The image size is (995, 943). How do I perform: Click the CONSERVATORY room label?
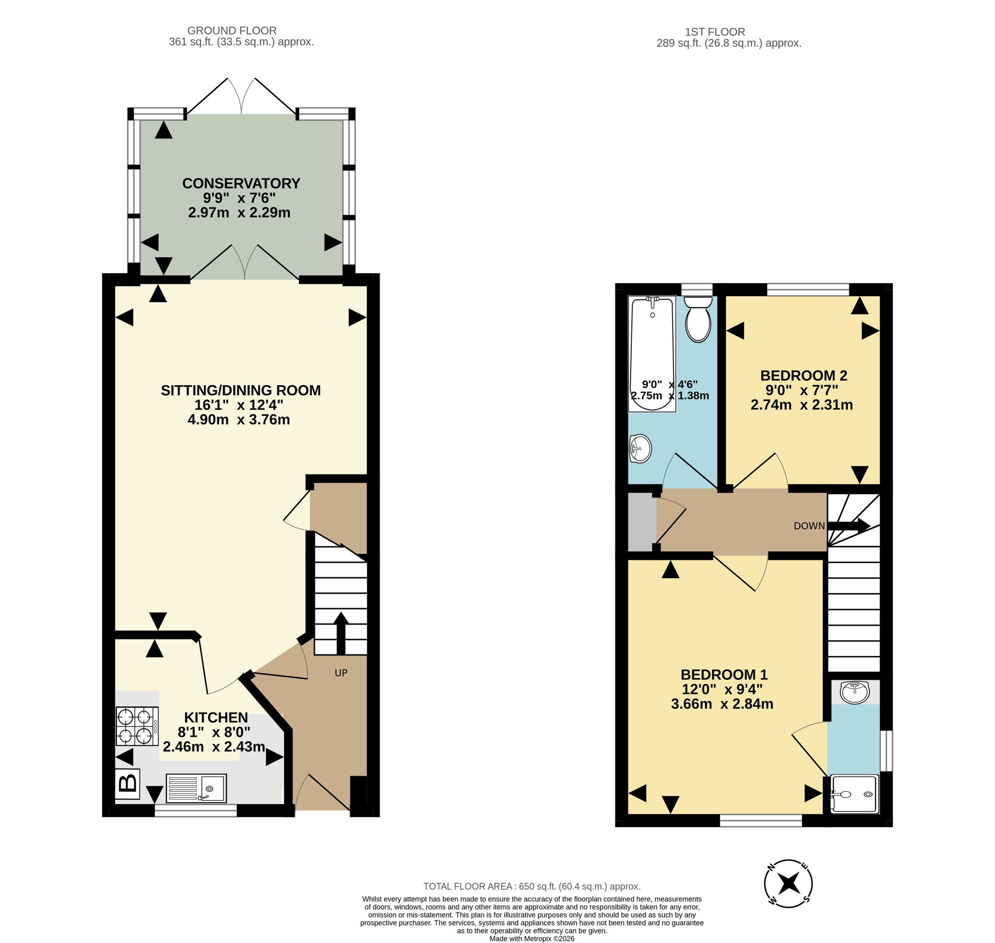click(241, 184)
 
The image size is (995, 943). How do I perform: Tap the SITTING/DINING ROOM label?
click(241, 391)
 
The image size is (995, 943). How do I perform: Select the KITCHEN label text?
click(216, 718)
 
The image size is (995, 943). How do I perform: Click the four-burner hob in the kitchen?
click(137, 727)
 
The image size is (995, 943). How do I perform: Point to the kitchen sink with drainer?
click(196, 788)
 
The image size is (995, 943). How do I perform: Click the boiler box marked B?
click(128, 784)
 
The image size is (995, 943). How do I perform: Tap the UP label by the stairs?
click(341, 673)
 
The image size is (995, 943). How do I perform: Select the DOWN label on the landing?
click(809, 526)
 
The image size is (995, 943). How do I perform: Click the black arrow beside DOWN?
click(849, 526)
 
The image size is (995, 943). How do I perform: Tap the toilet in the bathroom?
click(698, 319)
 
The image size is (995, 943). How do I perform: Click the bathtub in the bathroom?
click(652, 354)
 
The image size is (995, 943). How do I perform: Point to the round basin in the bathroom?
click(640, 448)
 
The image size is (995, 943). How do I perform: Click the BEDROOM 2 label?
click(803, 376)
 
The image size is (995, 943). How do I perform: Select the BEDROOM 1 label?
click(724, 675)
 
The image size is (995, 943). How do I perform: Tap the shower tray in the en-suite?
click(855, 794)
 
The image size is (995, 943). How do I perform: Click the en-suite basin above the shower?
click(855, 693)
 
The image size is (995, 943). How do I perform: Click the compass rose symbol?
click(789, 883)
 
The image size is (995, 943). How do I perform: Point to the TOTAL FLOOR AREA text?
click(532, 887)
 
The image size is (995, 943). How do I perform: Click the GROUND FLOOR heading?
click(232, 31)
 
